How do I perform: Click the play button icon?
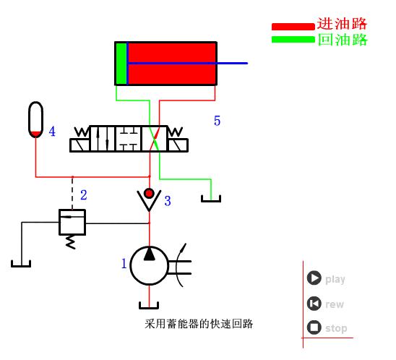314,278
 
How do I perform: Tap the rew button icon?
314,304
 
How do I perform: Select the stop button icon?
314,327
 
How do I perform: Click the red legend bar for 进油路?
293,27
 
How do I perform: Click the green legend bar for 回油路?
293,39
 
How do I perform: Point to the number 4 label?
52,132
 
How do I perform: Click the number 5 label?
217,121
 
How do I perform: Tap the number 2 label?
84,194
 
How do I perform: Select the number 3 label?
168,201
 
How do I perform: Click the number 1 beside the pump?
124,264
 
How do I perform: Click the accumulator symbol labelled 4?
35,119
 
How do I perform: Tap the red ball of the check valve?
149,193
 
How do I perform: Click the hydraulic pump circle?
149,266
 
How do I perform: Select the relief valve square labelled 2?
72,222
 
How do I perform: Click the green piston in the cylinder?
121,64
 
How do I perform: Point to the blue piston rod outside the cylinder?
232,63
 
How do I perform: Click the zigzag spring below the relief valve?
70,241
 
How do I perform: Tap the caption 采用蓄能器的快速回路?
199,323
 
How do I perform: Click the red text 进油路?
343,24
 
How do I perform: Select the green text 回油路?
343,39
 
